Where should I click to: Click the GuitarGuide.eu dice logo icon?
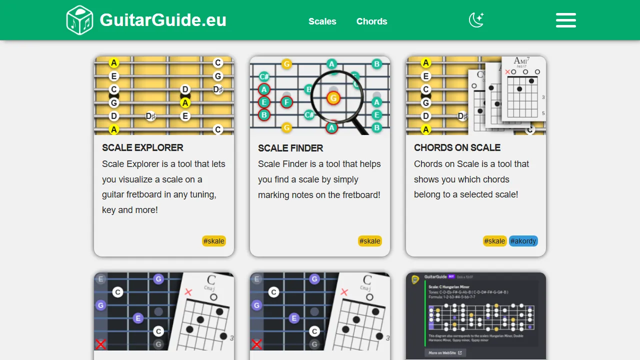pos(79,20)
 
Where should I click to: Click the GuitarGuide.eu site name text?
pos(163,20)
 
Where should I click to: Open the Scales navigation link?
pos(322,21)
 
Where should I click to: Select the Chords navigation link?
pos(371,21)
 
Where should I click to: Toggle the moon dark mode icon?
pos(476,20)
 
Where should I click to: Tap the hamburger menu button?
pos(565,20)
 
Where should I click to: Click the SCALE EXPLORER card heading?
pos(142,147)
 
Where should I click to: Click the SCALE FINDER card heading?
pos(290,148)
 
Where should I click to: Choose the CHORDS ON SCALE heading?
pos(457,147)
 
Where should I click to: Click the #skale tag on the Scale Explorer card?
pos(214,241)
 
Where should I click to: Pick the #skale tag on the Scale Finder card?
pos(370,241)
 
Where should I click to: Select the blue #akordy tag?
pos(523,241)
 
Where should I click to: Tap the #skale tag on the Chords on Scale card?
pos(494,241)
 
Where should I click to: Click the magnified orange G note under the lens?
pos(333,98)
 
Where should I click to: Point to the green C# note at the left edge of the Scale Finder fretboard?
pos(264,76)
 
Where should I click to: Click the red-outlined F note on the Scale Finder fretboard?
pos(286,102)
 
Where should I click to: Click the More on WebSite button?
pos(445,352)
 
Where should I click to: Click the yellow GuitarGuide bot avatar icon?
pos(415,279)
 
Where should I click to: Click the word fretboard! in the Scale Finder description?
pos(361,195)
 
